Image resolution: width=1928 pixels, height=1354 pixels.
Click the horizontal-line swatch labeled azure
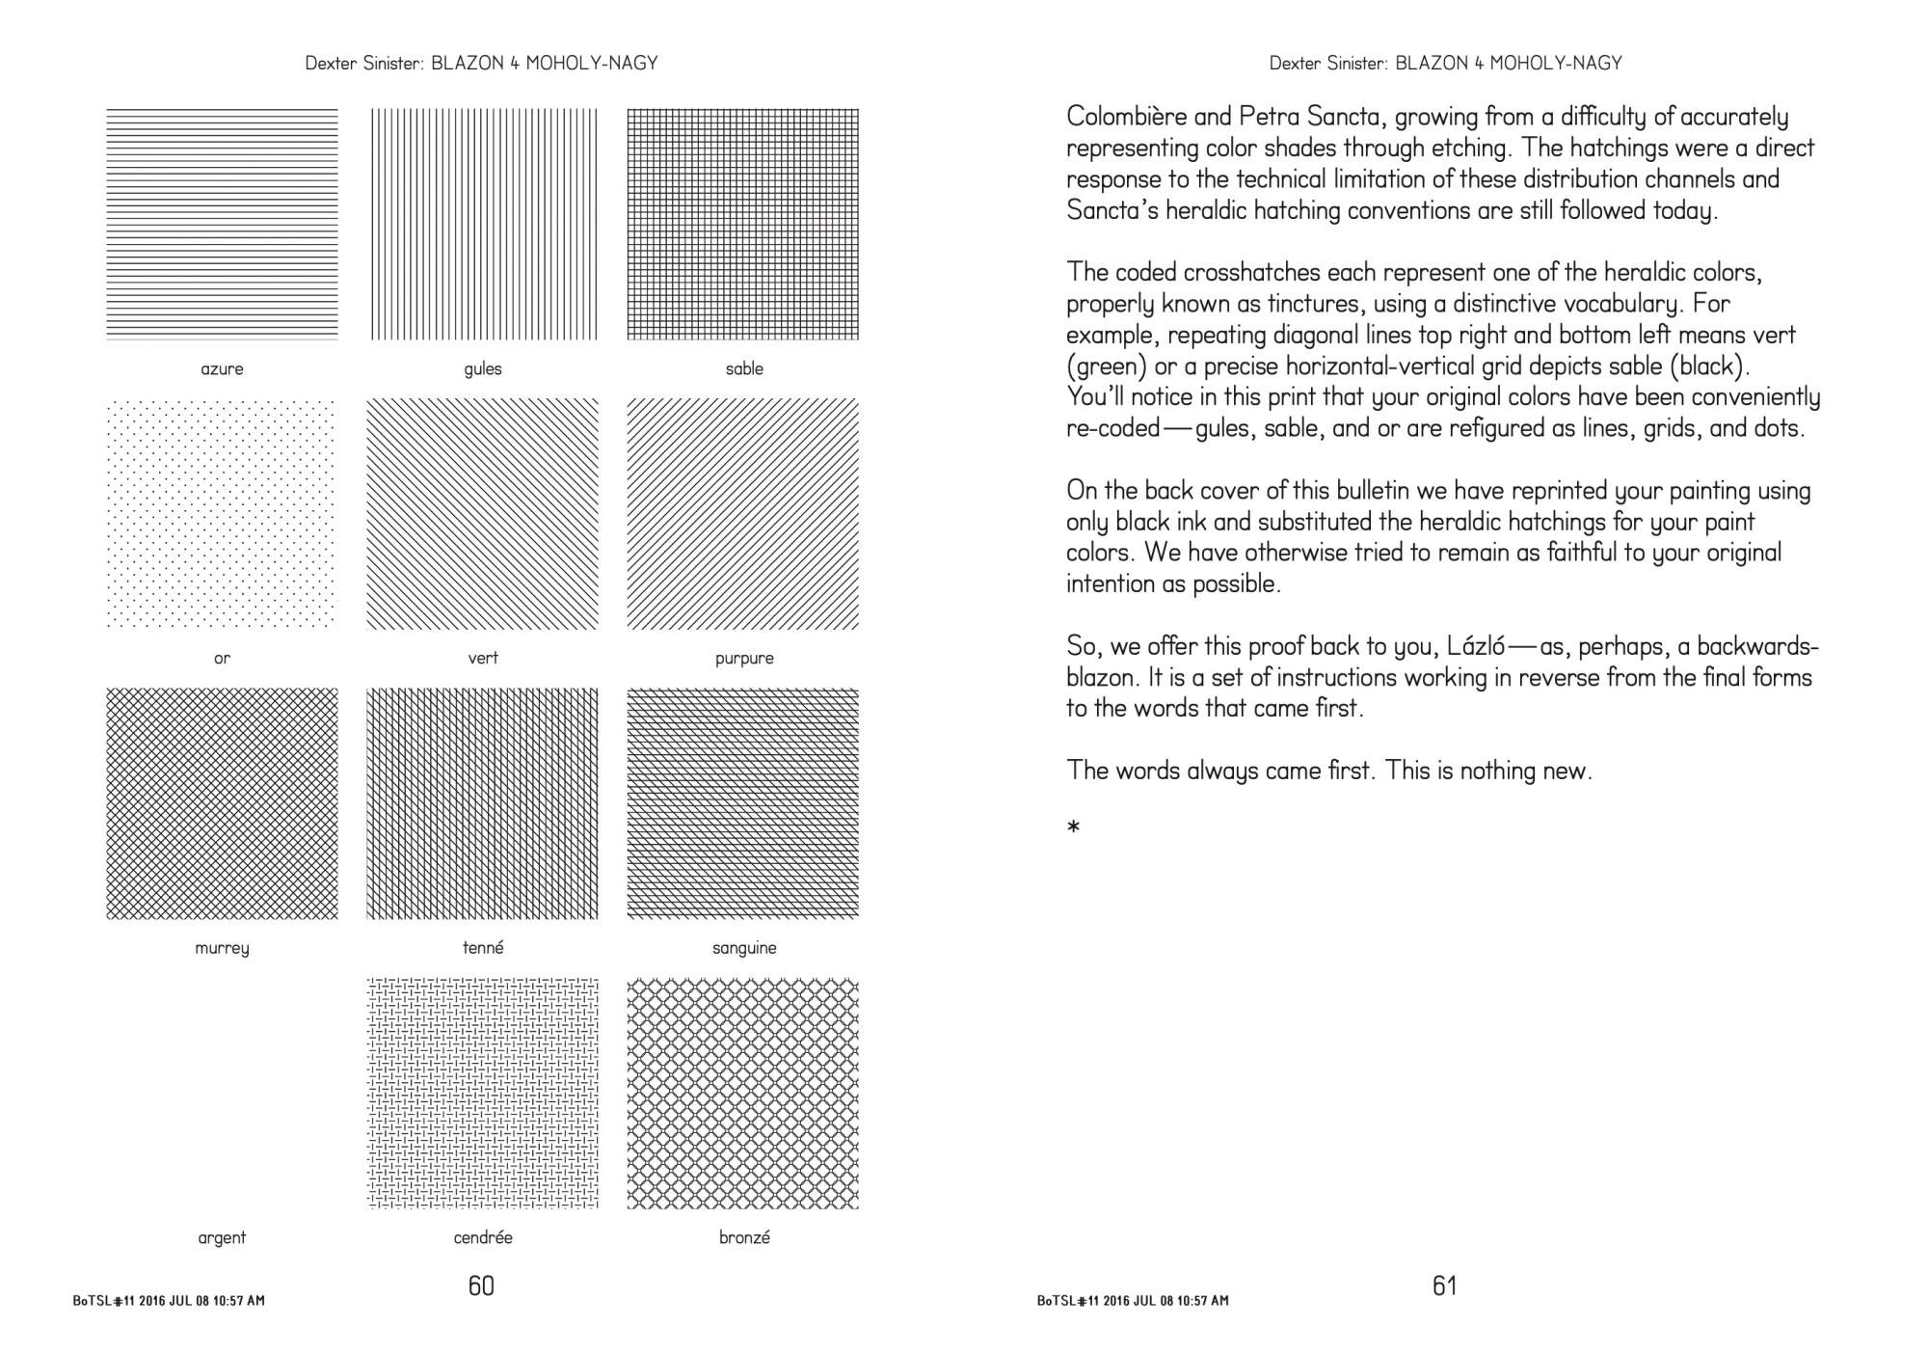(222, 224)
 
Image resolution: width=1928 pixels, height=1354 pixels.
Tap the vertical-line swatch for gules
(483, 224)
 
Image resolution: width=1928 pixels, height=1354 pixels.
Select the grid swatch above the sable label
(742, 224)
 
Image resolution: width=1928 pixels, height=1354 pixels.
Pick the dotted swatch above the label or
(222, 513)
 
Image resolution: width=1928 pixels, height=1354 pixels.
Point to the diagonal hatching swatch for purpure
(742, 513)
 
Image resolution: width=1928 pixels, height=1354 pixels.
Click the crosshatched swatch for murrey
(222, 802)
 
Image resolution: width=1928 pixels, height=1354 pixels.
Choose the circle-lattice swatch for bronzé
(742, 1093)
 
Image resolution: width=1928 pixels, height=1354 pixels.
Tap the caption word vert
(483, 658)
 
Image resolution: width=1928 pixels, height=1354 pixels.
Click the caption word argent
(222, 1237)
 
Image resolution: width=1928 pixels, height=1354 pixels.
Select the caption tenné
(483, 947)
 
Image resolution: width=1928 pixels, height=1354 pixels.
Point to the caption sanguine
(744, 947)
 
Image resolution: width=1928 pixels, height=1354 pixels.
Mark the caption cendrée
(483, 1237)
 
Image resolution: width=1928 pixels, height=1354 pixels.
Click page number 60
(481, 1286)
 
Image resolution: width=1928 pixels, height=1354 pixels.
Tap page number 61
(1444, 1286)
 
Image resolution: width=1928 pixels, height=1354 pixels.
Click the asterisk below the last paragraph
(1074, 826)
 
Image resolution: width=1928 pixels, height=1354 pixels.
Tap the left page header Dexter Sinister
(362, 64)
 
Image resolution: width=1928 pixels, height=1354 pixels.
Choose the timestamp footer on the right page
(1133, 1301)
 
